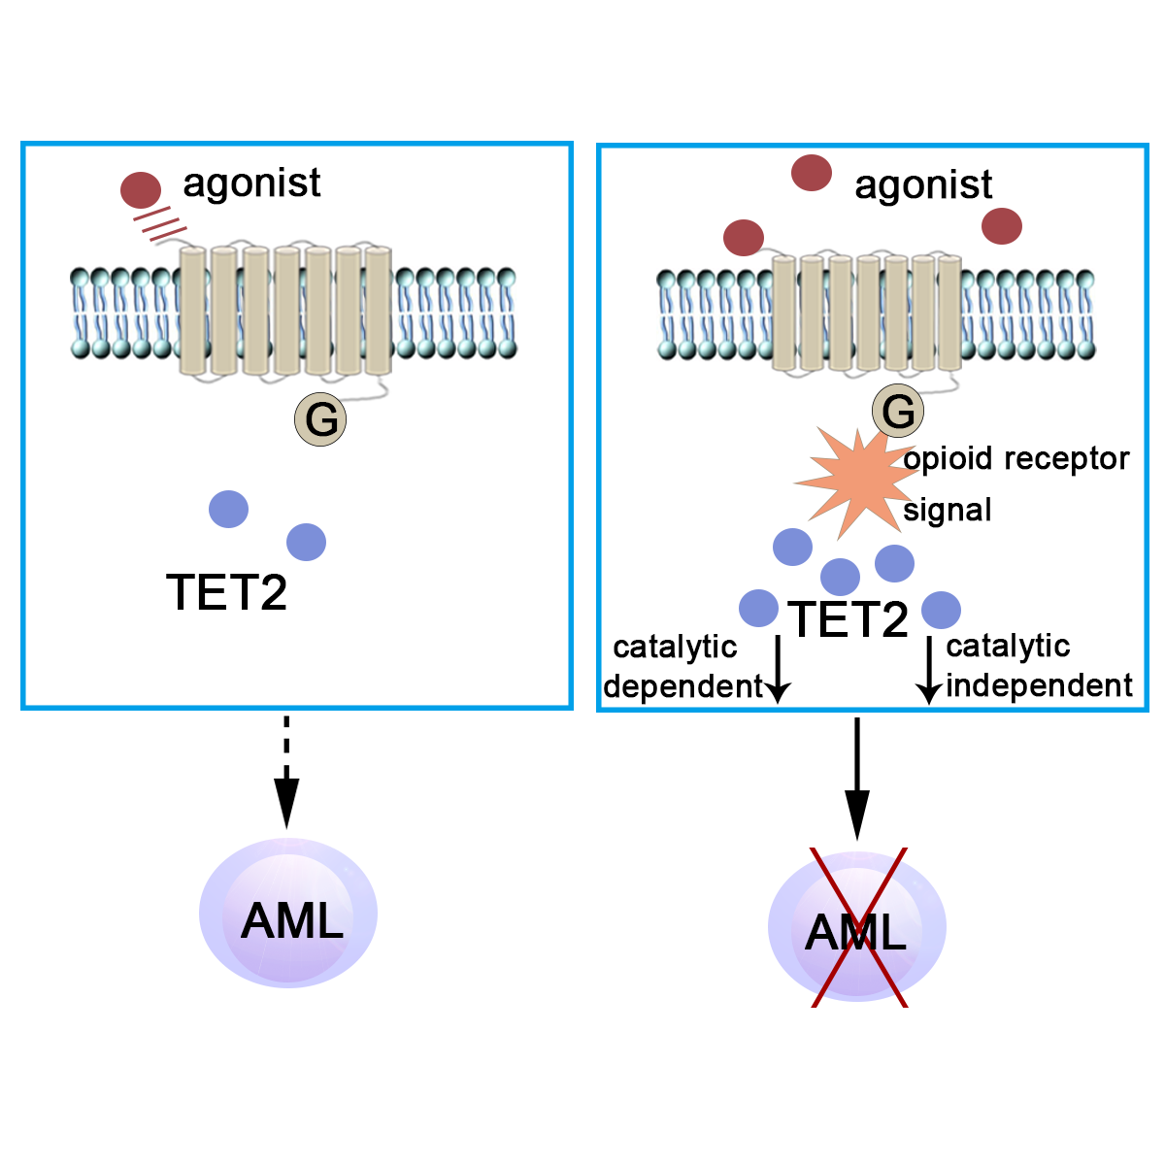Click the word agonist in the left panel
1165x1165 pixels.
tap(251, 183)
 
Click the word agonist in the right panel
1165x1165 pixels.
tap(923, 185)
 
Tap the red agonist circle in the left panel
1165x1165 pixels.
tap(141, 190)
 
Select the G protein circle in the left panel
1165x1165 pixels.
tap(320, 419)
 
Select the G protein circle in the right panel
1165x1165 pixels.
tap(898, 411)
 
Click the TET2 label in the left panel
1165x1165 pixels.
tap(227, 591)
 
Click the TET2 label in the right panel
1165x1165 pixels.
tap(849, 618)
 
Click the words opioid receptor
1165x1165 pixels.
tap(1016, 458)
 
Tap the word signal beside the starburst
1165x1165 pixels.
tap(948, 510)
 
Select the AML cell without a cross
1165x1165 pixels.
tap(288, 914)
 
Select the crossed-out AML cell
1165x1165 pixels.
tap(857, 927)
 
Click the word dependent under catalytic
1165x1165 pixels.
tap(683, 686)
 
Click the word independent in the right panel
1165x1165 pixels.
tap(1039, 685)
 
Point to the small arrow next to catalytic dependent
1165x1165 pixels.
tap(778, 670)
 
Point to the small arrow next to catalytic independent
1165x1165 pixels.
tap(929, 670)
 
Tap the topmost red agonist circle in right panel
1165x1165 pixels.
tap(812, 173)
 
